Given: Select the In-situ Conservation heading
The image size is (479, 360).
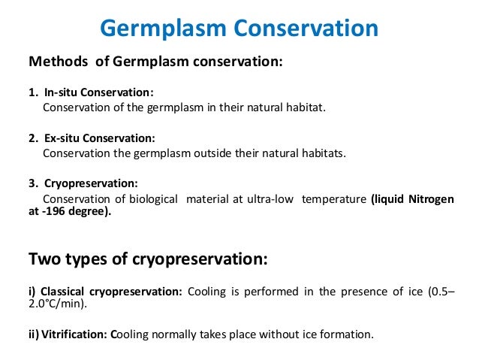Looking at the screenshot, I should (98, 92).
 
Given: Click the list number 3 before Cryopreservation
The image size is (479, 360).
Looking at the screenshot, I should (32, 183).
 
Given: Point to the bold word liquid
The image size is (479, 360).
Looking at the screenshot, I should (390, 198).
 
